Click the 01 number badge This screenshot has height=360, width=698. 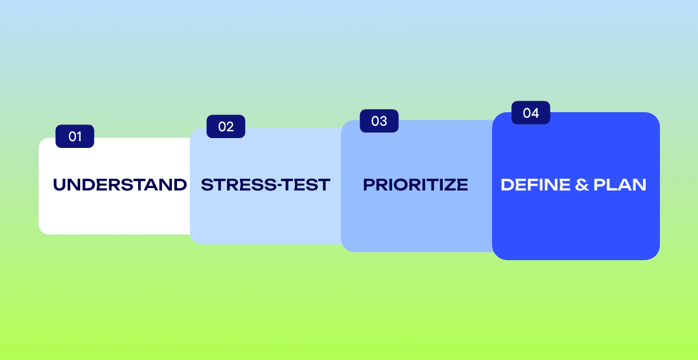click(x=75, y=136)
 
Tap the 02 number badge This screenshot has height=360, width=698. click(x=226, y=126)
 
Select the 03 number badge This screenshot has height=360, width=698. click(x=379, y=121)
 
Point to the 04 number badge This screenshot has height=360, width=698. click(x=531, y=113)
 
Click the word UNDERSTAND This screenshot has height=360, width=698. click(x=120, y=185)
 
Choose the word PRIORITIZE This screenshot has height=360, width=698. click(x=416, y=185)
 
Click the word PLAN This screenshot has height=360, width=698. click(x=620, y=185)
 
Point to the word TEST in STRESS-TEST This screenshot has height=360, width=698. click(x=303, y=185)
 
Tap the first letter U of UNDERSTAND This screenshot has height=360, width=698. click(x=60, y=185)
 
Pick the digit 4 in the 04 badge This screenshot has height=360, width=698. click(x=535, y=113)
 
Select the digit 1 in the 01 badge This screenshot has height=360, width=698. click(x=79, y=137)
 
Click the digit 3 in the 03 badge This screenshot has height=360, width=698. click(x=383, y=121)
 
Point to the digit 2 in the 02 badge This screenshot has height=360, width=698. click(x=230, y=127)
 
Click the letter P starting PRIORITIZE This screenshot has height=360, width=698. click(x=369, y=185)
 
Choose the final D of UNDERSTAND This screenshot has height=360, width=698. click(x=180, y=185)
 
